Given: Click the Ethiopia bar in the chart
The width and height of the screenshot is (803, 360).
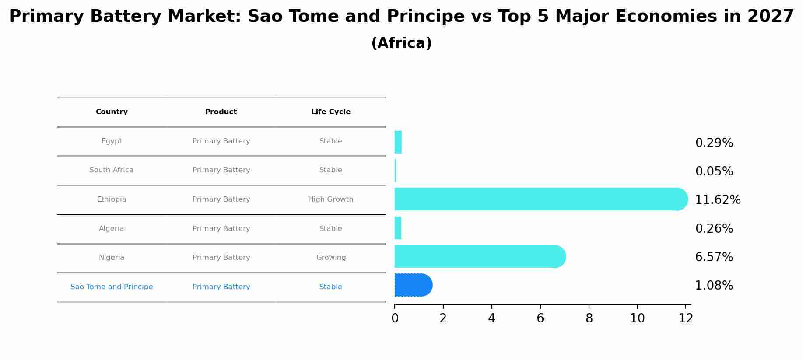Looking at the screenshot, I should click(540, 199).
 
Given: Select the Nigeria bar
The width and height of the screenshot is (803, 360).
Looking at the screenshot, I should click(480, 257).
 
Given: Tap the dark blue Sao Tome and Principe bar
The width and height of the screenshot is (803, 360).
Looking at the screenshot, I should click(413, 285).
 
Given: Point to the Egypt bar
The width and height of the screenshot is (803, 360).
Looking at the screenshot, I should click(398, 142).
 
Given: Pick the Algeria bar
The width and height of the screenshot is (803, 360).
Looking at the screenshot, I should click(398, 228).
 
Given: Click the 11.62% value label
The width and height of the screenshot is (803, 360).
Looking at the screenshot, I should click(718, 200).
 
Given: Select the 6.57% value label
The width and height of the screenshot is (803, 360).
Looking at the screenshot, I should click(714, 257).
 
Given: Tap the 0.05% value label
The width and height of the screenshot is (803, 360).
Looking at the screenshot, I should click(714, 171).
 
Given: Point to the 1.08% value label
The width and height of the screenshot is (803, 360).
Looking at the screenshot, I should click(714, 286).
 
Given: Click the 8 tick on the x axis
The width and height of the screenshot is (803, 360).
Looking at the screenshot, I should click(589, 318).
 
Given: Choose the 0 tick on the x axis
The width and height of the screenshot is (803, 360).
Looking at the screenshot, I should click(395, 318).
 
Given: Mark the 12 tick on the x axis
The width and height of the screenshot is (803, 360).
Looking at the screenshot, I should click(686, 318).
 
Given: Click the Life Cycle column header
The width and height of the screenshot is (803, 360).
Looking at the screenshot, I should click(331, 112).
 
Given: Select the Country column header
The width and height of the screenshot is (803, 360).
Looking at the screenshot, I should click(112, 112).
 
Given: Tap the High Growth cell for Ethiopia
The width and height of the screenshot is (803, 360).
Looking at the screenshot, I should click(330, 199).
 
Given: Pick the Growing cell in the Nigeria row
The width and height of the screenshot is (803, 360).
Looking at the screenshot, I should click(331, 258).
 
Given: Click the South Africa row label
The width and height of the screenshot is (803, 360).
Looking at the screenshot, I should click(111, 170).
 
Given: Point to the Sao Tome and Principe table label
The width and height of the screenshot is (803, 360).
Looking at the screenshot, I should click(112, 287).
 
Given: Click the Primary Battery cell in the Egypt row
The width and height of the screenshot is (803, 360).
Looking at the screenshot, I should click(221, 141).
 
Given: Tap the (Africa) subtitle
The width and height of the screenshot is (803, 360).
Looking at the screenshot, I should click(401, 43).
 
